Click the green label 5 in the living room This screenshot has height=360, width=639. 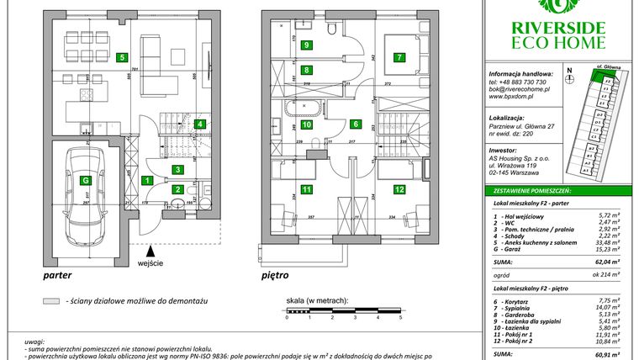tap(123, 58)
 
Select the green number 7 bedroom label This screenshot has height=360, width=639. tap(399, 58)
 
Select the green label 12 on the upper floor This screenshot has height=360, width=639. tap(399, 190)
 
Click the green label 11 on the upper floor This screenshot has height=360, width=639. tap(307, 190)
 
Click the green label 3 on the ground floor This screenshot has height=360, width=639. tap(177, 169)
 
